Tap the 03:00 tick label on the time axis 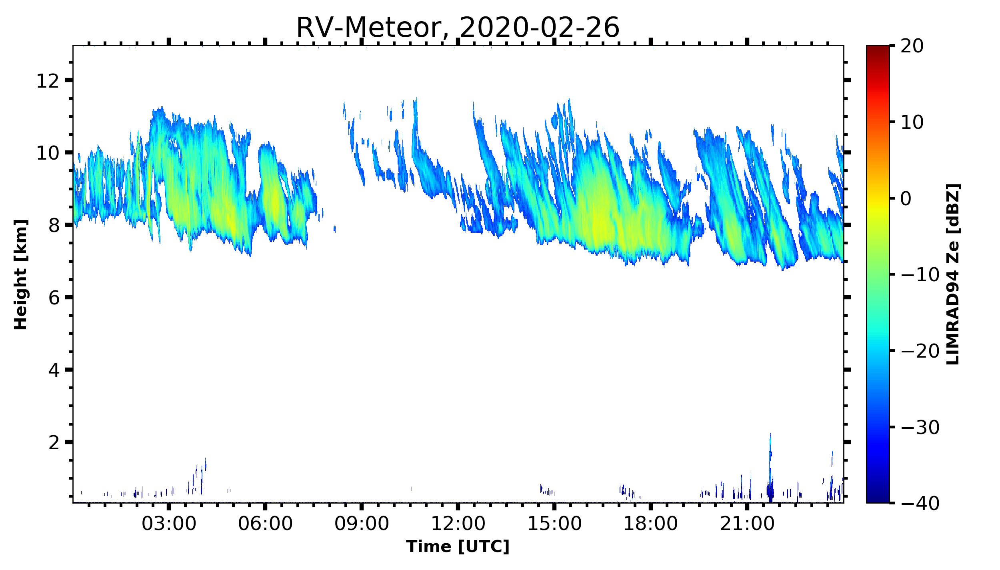[169, 523]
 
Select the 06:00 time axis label [265, 523]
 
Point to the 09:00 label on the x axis [362, 523]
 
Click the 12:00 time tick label [458, 523]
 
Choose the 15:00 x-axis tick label [554, 523]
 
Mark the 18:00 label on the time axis [651, 523]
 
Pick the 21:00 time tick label [747, 523]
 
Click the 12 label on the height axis [48, 81]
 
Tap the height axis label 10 [48, 153]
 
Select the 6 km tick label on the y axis [54, 298]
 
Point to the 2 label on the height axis [54, 443]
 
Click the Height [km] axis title [20, 274]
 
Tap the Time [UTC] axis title [458, 546]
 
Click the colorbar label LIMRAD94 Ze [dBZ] [953, 274]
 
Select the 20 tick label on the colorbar [912, 46]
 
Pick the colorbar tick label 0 [906, 198]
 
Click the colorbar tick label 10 [912, 122]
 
